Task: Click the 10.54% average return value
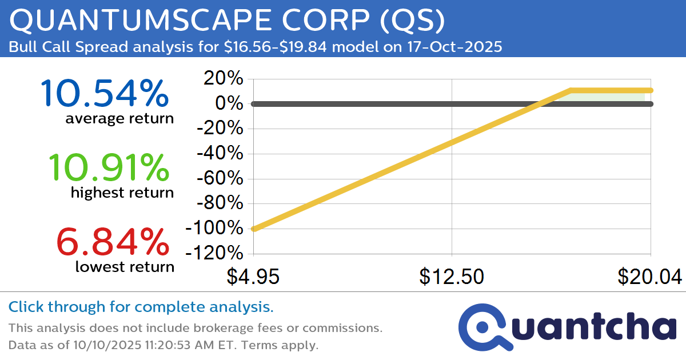(x=105, y=94)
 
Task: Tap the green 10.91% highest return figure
(x=109, y=168)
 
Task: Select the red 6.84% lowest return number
(x=113, y=242)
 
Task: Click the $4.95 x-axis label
(x=253, y=277)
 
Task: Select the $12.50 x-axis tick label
(x=452, y=277)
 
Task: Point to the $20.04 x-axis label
(x=649, y=277)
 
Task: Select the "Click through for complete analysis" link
(x=141, y=307)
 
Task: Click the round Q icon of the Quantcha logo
(x=481, y=327)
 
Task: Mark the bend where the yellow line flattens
(x=571, y=90)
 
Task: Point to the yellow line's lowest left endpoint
(x=254, y=229)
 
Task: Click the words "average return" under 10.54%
(x=119, y=119)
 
